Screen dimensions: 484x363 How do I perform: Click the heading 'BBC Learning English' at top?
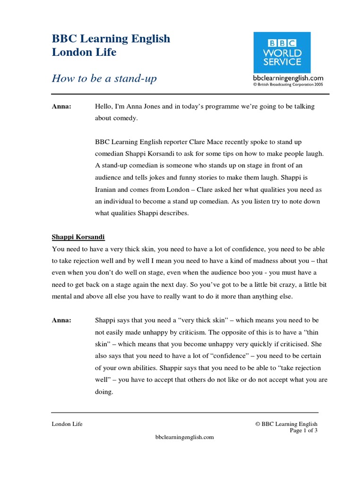[111, 39]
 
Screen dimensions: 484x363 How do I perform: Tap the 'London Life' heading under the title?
[84, 52]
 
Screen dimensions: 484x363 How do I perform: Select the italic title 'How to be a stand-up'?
[104, 78]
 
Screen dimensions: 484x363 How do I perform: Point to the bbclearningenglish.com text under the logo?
[288, 78]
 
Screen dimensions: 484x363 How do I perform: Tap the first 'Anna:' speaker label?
[61, 107]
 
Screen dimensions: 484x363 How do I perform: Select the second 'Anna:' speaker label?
[61, 320]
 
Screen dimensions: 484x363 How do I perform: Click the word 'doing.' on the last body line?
[104, 391]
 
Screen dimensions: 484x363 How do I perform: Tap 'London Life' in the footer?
[67, 424]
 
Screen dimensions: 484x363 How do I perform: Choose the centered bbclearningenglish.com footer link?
[184, 437]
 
